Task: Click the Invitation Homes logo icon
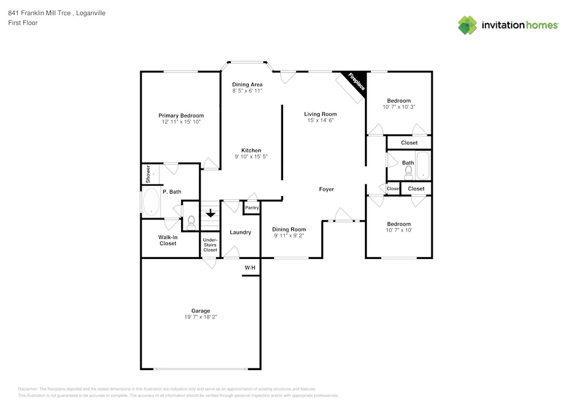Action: click(x=468, y=25)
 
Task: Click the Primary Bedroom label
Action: click(x=181, y=116)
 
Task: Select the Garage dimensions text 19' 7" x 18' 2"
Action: click(x=201, y=317)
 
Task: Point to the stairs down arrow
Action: click(x=210, y=213)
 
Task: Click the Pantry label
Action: click(x=252, y=207)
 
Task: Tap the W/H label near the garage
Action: click(x=250, y=268)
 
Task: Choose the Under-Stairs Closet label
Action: click(x=210, y=245)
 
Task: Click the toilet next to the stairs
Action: click(x=191, y=221)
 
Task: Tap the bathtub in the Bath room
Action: click(x=423, y=166)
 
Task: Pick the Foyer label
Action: click(x=326, y=189)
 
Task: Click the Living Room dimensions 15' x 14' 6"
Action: click(x=320, y=120)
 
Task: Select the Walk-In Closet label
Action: click(x=168, y=240)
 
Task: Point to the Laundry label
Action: click(x=240, y=232)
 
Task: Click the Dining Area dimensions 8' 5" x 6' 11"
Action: click(x=247, y=91)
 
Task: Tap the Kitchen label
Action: click(x=251, y=151)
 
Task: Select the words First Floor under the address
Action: click(x=23, y=23)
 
